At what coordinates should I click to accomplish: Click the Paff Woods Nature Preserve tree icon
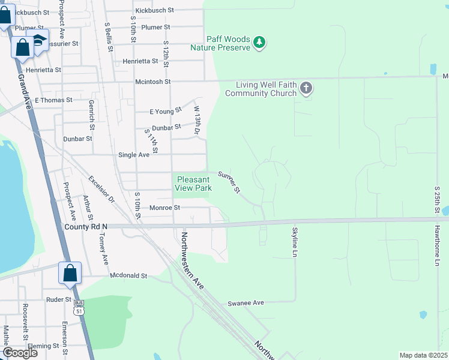[x=259, y=42]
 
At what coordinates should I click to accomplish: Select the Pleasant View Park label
[x=193, y=184]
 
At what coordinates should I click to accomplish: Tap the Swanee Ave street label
[x=246, y=304]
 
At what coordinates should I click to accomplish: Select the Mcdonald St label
[x=128, y=275]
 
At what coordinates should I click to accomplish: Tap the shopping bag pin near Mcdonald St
[x=70, y=273]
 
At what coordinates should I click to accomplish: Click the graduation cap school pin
[x=40, y=41]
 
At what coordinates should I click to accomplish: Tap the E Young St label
[x=166, y=111]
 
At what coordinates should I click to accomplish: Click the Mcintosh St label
[x=152, y=82]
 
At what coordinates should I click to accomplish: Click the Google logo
[x=20, y=353]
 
